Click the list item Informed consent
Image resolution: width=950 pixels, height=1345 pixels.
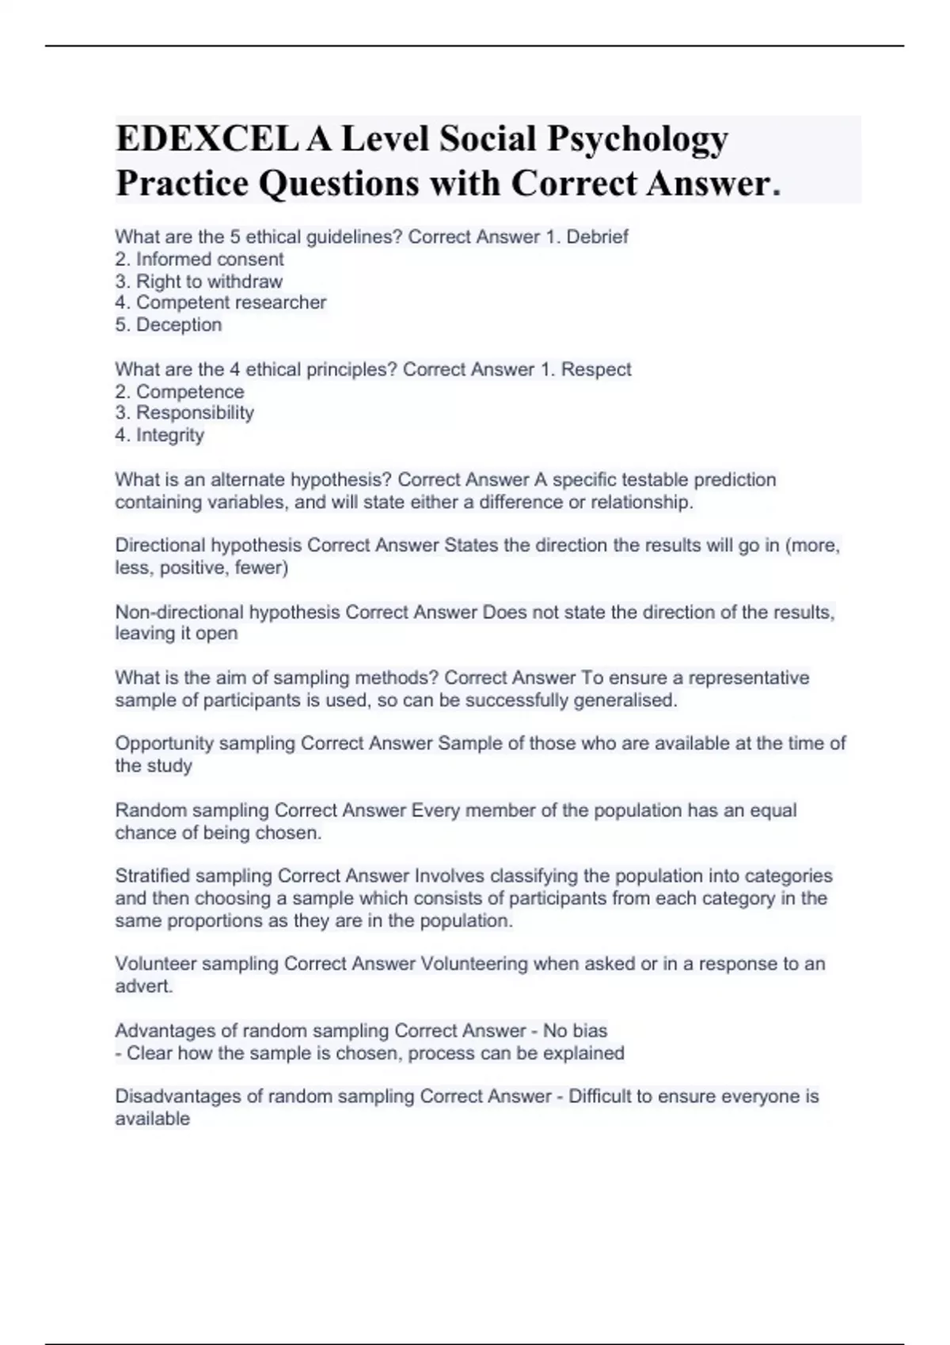[199, 260]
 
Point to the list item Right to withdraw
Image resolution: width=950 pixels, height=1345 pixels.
[199, 282]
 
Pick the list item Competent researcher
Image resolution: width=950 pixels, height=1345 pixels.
[221, 302]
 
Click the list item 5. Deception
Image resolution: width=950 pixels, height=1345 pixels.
[169, 324]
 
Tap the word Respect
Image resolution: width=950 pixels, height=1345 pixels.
[596, 369]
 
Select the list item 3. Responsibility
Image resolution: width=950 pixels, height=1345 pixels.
[184, 413]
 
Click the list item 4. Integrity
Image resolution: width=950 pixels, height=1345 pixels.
[160, 435]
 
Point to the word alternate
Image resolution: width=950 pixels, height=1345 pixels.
[247, 479]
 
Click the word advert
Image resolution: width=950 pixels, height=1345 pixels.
[143, 986]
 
